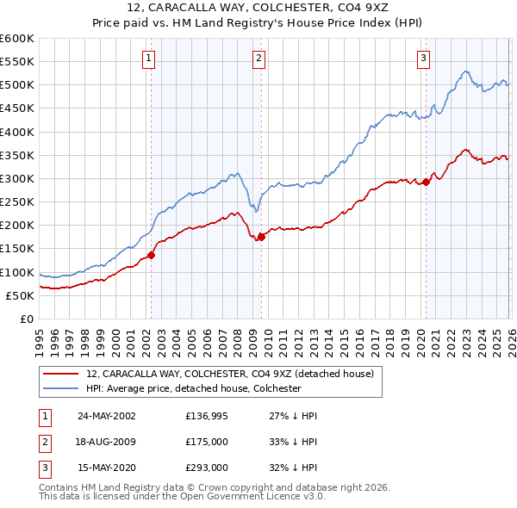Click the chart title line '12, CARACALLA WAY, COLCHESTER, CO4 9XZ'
pyautogui.click(x=258, y=9)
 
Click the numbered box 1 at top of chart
pyautogui.click(x=149, y=59)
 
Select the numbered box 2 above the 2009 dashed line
pyautogui.click(x=259, y=59)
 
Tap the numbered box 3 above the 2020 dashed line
pyautogui.click(x=424, y=59)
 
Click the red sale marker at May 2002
pyautogui.click(x=151, y=255)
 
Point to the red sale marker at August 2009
pyautogui.click(x=261, y=237)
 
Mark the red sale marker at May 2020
pyautogui.click(x=426, y=182)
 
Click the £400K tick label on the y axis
pyautogui.click(x=17, y=132)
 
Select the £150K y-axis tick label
pyautogui.click(x=17, y=249)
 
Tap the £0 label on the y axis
pyautogui.click(x=25, y=319)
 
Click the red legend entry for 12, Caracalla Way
pyautogui.click(x=229, y=375)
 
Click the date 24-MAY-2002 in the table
pyautogui.click(x=107, y=416)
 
